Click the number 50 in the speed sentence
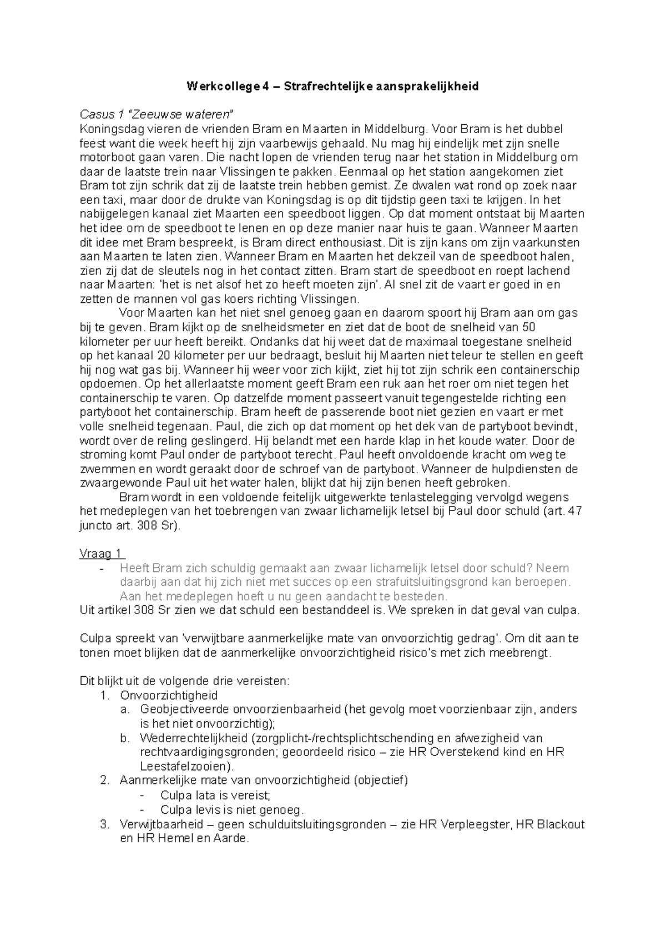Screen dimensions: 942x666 click(x=529, y=327)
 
